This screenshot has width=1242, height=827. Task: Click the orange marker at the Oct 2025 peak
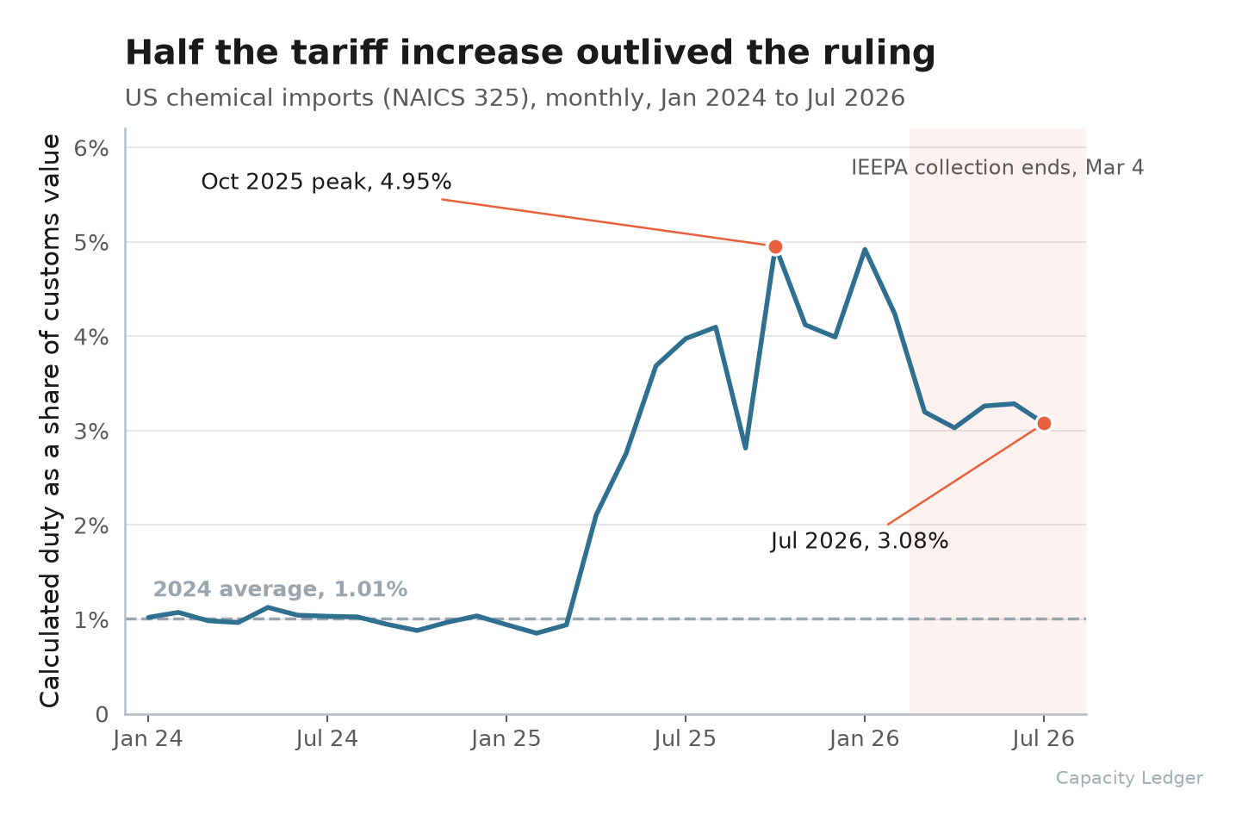click(x=775, y=247)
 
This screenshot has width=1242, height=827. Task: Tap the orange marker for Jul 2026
click(x=1044, y=424)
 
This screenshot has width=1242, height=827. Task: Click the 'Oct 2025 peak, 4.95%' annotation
click(x=326, y=182)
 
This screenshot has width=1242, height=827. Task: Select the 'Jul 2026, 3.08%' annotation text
click(x=860, y=541)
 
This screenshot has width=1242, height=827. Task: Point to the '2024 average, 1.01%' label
click(x=280, y=589)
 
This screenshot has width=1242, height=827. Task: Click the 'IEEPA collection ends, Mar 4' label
click(x=997, y=167)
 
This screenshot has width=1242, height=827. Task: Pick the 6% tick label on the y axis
click(x=91, y=149)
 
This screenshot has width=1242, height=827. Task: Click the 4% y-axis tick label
click(x=91, y=337)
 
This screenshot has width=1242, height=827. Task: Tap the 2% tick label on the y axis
click(x=91, y=525)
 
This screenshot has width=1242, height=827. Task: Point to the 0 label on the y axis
click(x=102, y=715)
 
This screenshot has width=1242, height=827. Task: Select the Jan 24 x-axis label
click(x=148, y=739)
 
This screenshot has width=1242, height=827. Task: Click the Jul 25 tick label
click(x=686, y=739)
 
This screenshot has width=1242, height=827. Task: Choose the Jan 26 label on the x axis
click(x=865, y=739)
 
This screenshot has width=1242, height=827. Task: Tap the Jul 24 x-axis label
click(x=327, y=739)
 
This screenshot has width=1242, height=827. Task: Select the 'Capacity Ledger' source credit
click(x=1129, y=778)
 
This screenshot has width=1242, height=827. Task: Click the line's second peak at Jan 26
click(x=865, y=250)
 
